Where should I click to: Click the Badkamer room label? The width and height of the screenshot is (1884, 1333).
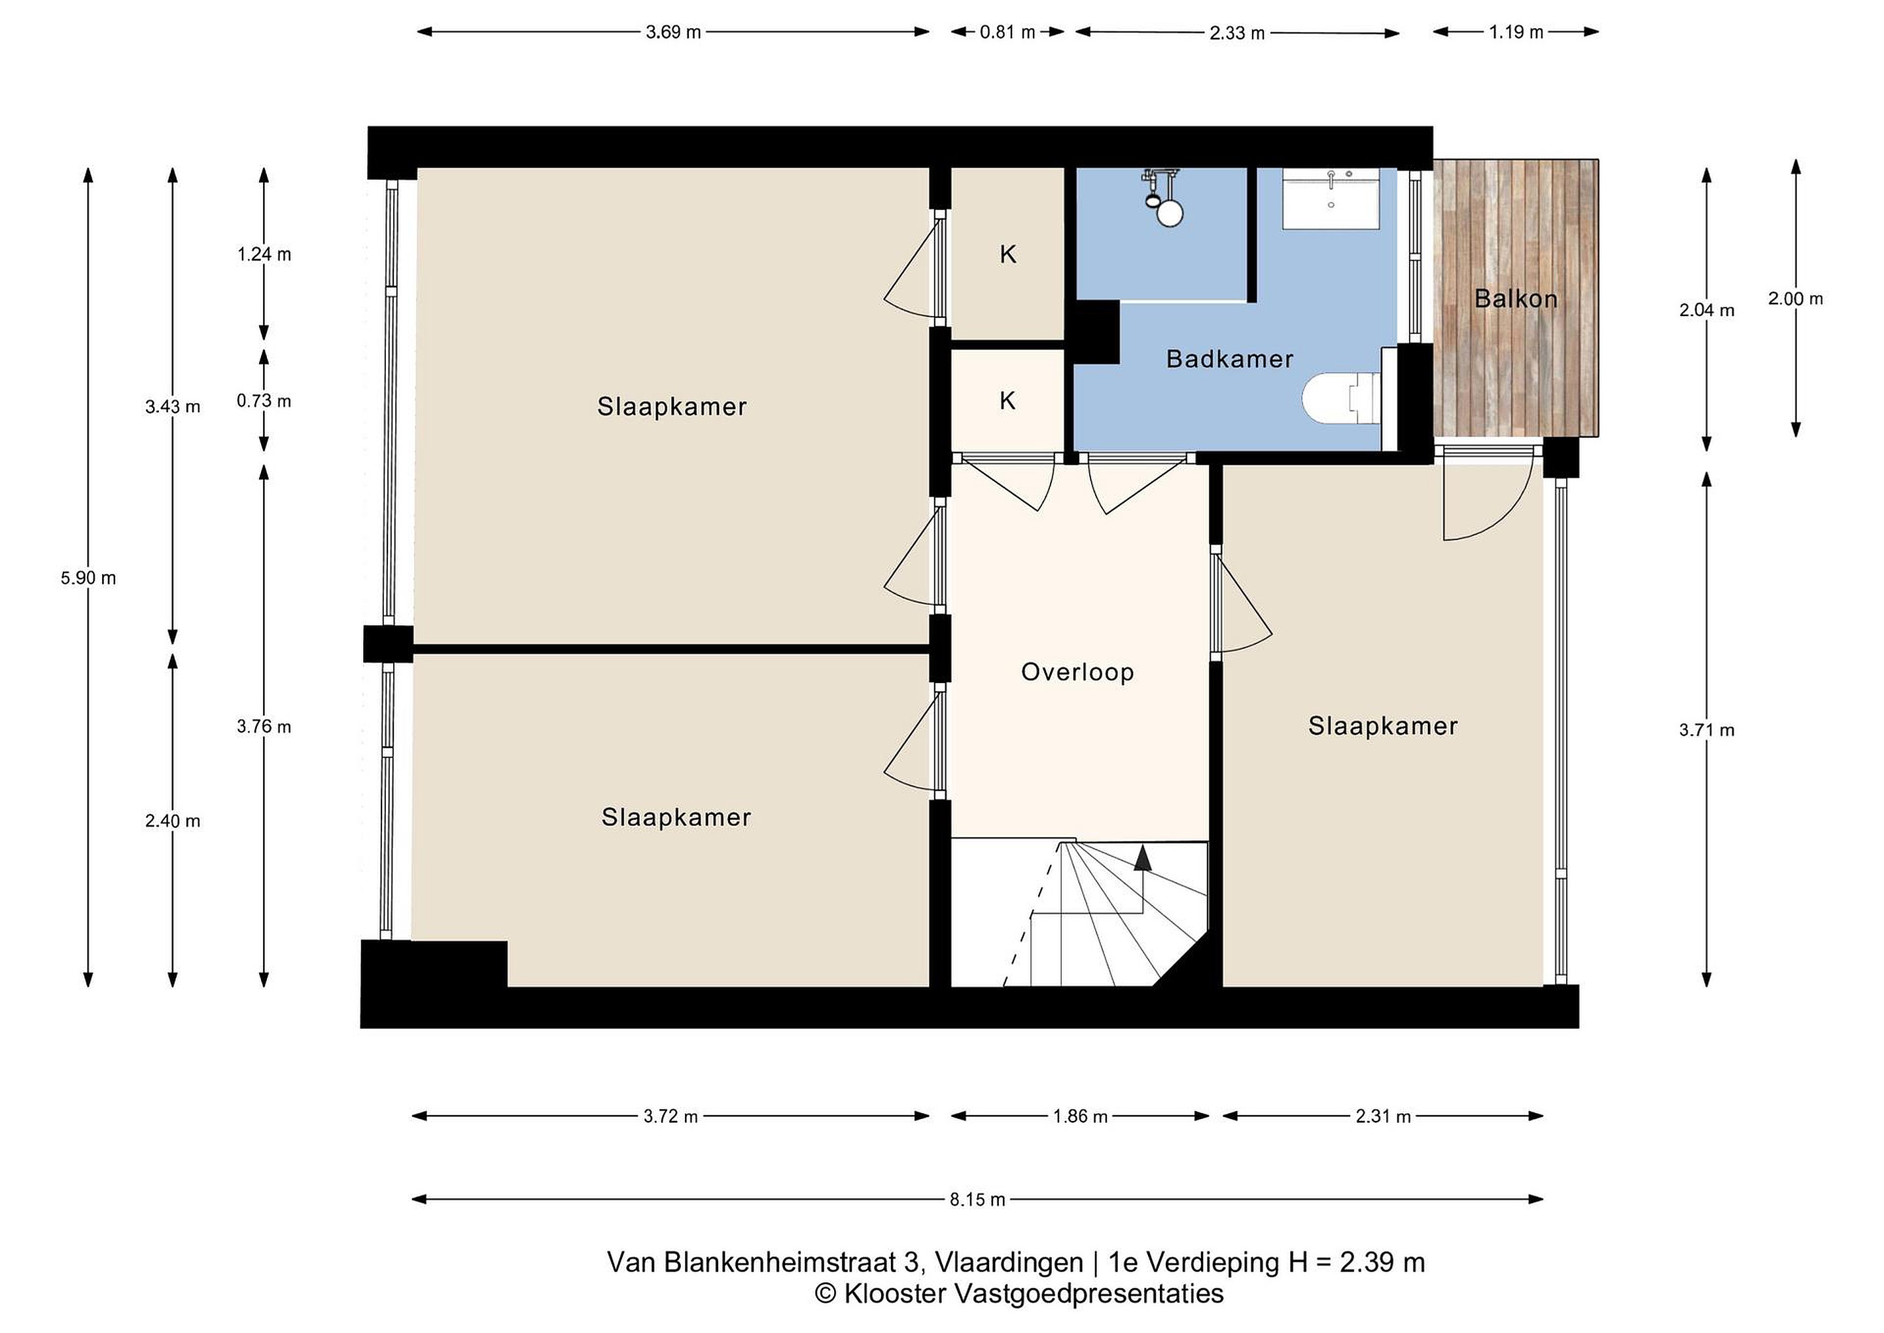[1229, 359]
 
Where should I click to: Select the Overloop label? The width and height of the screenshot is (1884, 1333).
[1077, 672]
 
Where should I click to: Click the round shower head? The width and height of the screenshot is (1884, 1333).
[1168, 213]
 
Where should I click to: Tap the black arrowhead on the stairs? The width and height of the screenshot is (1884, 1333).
[1142, 858]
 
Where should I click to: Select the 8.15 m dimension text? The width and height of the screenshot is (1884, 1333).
[977, 1200]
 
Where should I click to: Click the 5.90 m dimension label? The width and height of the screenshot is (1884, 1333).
[88, 578]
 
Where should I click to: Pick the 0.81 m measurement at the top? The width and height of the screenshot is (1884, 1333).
[1007, 32]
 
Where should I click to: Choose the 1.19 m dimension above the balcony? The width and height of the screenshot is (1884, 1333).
[1516, 32]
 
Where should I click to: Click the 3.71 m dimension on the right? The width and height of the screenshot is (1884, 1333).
[1707, 730]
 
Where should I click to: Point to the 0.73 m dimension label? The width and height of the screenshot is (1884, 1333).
[264, 400]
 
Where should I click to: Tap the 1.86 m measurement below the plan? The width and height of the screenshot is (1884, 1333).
[1080, 1116]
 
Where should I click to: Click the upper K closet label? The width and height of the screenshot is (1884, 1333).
[1007, 255]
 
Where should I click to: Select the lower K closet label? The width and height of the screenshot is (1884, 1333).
[1007, 400]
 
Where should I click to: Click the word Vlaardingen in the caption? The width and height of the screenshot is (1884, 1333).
[1009, 1262]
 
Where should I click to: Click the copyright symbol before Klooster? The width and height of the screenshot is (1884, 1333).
[826, 1294]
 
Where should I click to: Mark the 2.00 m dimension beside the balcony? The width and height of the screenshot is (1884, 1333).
[1796, 299]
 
